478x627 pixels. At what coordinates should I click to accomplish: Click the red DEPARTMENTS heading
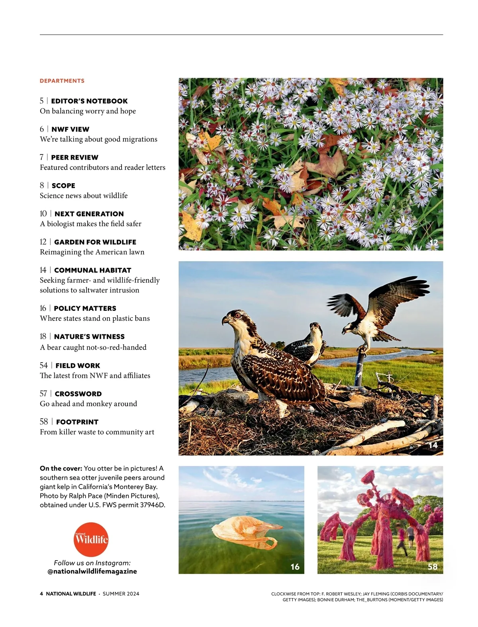pos(62,81)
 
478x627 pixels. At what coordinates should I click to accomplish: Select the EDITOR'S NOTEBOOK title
pos(89,101)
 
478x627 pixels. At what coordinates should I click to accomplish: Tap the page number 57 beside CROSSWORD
pos(43,394)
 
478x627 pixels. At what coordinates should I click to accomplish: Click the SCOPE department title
pos(63,186)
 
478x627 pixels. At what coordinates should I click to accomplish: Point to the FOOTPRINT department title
pos(77,422)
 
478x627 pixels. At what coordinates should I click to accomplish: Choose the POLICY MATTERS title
pos(85,309)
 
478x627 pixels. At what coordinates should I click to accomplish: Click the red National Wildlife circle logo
pos(91,539)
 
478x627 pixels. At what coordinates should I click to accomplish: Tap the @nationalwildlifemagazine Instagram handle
pos(92,571)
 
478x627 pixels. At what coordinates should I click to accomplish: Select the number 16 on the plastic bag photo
pos(295,566)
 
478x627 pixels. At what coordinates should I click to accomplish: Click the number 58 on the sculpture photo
pos(432,566)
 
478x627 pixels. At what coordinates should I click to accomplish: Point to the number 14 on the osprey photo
pos(433,445)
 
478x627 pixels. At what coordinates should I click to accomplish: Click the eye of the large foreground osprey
pos(238,315)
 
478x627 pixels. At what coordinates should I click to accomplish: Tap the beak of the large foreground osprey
pos(225,320)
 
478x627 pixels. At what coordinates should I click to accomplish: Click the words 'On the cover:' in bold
pos(61,469)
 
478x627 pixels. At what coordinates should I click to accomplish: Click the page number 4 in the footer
pos(41,594)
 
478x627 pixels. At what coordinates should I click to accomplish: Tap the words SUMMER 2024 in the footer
pos(121,594)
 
